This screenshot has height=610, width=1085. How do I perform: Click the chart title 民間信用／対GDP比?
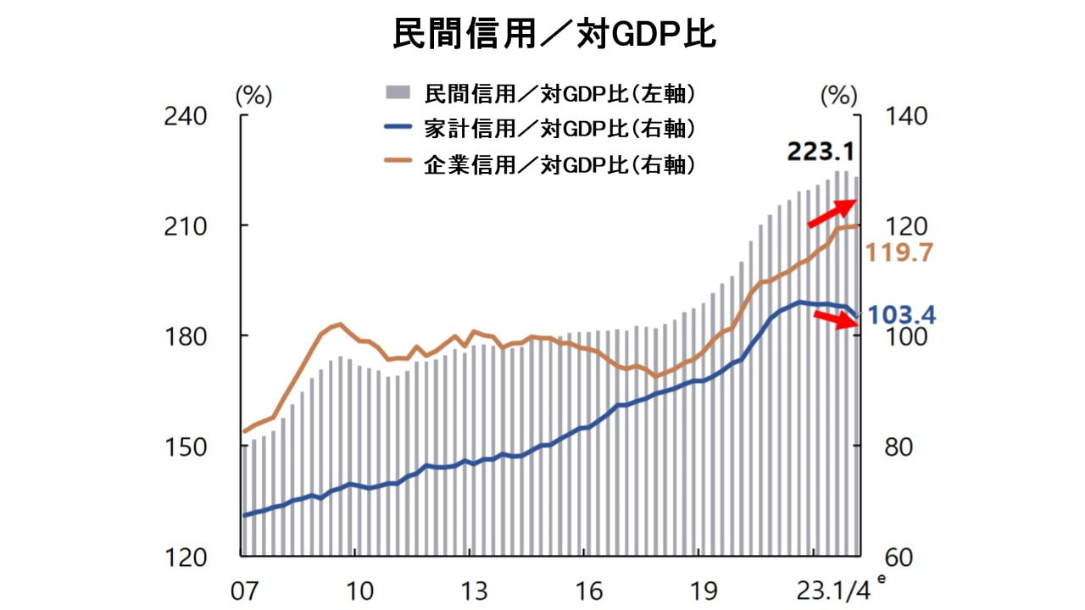pos(542,34)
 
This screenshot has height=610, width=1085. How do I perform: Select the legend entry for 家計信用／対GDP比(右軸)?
pos(559,129)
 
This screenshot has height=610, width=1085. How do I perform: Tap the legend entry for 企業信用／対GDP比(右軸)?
pos(559,164)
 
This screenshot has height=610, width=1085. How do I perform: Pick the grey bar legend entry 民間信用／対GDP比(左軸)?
pos(559,92)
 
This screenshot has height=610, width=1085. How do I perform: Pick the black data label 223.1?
pos(821,152)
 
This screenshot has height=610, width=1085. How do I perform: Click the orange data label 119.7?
pos(899,252)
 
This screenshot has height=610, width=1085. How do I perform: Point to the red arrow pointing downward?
pos(836,320)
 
